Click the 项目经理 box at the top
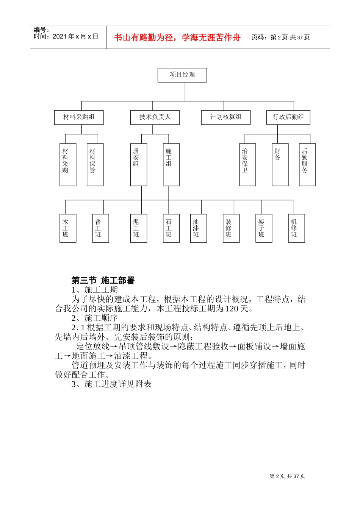click(x=182, y=75)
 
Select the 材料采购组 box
click(x=79, y=117)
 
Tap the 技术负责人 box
click(x=155, y=117)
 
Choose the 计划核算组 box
click(x=226, y=117)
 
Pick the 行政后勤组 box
click(x=288, y=117)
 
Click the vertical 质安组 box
click(x=139, y=164)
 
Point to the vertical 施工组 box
click(x=171, y=164)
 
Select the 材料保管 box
click(x=95, y=164)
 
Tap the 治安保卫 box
click(x=247, y=164)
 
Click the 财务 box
click(x=280, y=164)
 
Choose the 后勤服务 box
click(x=307, y=164)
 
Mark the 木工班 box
click(x=68, y=228)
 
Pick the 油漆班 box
click(x=199, y=228)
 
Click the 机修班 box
click(x=296, y=228)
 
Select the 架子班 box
click(x=264, y=228)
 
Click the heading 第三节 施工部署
click(x=103, y=281)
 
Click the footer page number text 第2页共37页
click(x=287, y=476)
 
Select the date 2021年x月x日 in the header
click(x=75, y=37)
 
